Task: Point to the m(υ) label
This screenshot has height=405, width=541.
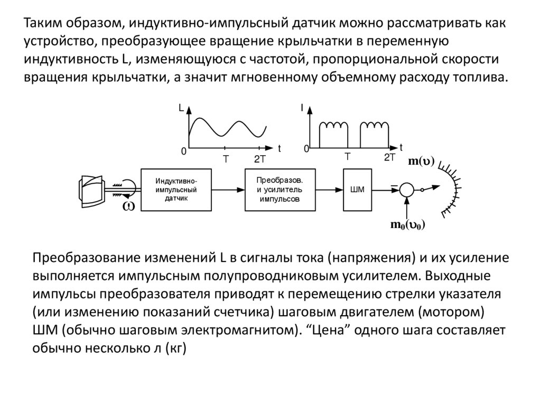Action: [x=421, y=162]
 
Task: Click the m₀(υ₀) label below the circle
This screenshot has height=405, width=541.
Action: [x=408, y=225]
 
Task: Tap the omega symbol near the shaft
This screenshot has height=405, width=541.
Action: [x=128, y=206]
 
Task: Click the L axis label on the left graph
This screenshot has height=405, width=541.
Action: [x=181, y=108]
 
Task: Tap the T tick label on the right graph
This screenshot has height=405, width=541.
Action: [x=348, y=157]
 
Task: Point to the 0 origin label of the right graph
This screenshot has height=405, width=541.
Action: [x=306, y=150]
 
